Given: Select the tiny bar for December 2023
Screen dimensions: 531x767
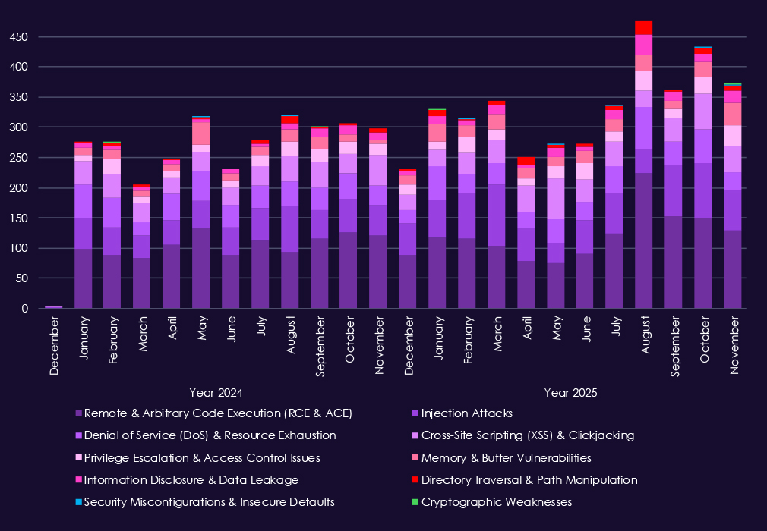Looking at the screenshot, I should [53, 306].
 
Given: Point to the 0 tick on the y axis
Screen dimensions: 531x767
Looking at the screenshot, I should [25, 309].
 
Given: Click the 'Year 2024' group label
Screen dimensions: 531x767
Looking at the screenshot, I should [216, 393].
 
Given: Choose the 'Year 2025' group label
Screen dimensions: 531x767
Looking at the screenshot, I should [570, 393].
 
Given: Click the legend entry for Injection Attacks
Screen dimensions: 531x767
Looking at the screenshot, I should [466, 413].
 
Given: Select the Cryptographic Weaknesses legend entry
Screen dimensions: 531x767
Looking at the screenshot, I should [496, 502].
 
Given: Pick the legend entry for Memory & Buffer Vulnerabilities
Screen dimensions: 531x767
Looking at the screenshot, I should [506, 458].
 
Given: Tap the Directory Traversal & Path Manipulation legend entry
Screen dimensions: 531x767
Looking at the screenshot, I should [529, 480].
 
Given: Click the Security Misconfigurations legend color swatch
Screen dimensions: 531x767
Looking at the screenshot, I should [78, 502].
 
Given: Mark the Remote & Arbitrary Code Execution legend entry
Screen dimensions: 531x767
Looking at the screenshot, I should [218, 413].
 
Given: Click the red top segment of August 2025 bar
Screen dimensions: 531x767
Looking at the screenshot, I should [643, 28].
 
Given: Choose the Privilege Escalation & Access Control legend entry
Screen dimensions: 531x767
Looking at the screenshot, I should [202, 458].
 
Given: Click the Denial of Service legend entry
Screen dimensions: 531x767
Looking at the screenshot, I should [210, 435].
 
